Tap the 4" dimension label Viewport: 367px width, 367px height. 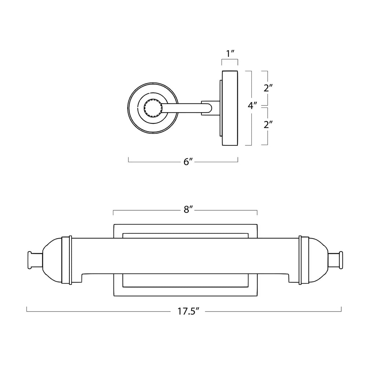(252, 106)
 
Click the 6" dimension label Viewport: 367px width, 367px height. (188, 161)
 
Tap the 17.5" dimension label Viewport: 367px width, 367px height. (188, 311)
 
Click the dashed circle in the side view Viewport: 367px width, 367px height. (153, 108)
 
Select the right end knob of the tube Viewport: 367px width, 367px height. (335, 260)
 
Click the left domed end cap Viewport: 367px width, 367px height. (52, 260)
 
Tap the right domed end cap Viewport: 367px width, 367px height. (318, 260)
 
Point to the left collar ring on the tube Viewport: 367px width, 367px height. (67, 260)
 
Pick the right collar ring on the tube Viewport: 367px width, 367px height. (304, 260)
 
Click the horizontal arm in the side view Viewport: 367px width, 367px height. (185, 108)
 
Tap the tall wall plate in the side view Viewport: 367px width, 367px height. (230, 108)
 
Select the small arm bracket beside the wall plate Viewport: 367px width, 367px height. (211, 108)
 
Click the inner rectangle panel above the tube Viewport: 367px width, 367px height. (185, 236)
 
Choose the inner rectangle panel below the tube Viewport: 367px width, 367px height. (185, 280)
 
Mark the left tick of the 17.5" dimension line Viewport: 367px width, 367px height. (27, 309)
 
